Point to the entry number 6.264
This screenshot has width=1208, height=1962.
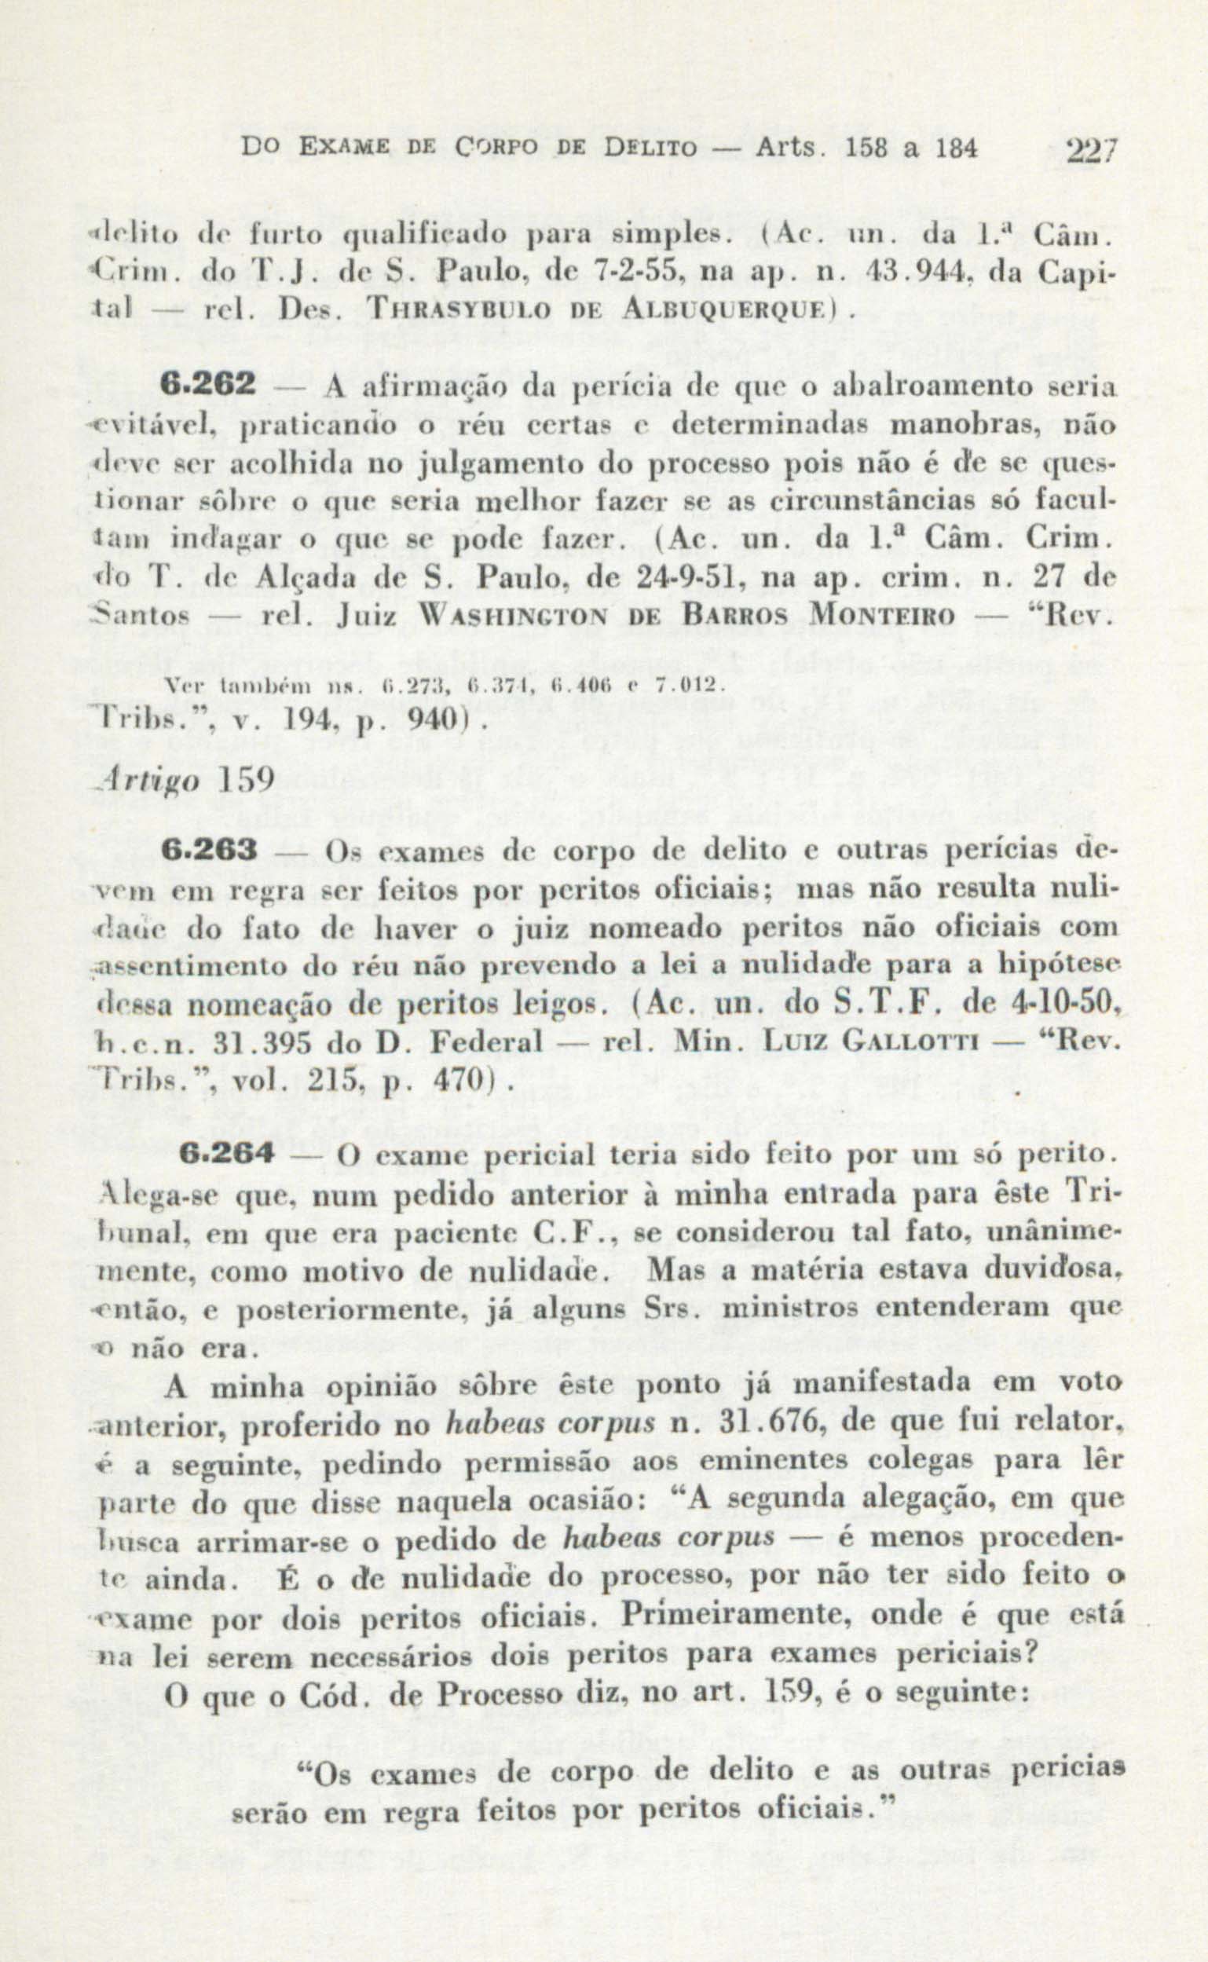[x=226, y=1154]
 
